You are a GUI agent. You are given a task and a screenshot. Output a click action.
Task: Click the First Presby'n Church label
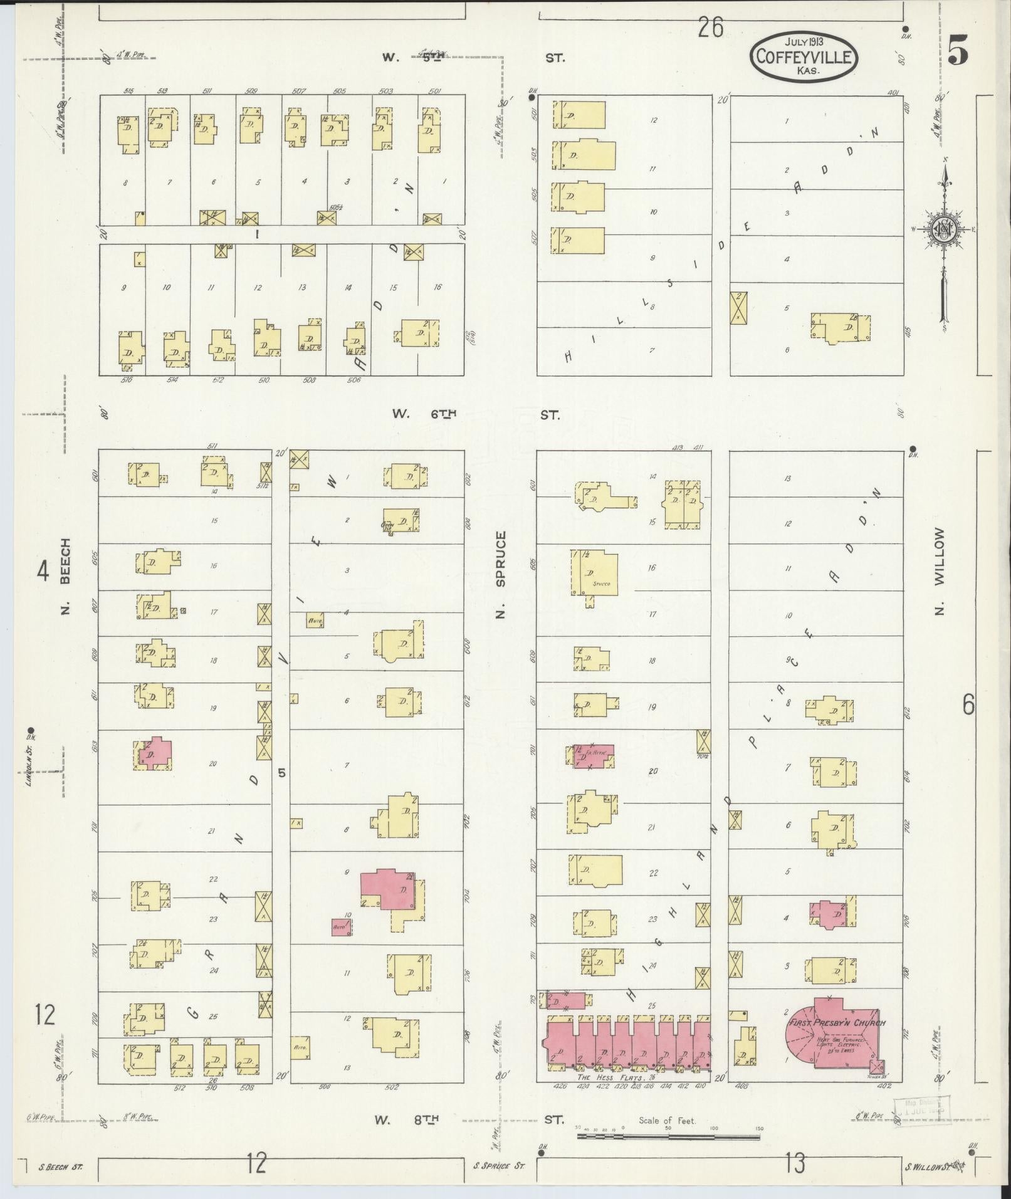[x=836, y=1024]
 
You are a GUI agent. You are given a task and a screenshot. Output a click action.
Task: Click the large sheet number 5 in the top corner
[x=957, y=51]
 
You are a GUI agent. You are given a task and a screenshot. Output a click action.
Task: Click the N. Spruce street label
[x=500, y=574]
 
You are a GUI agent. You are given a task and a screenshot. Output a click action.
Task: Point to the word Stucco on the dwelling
[x=601, y=584]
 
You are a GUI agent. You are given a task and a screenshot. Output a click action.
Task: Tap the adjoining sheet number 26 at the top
[x=711, y=28]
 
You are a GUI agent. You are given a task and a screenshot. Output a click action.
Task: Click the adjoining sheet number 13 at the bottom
[x=795, y=1163]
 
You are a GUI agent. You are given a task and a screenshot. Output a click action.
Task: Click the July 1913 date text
[x=804, y=41]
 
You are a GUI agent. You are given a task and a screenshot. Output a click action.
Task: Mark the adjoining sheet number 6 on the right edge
[x=968, y=706]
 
